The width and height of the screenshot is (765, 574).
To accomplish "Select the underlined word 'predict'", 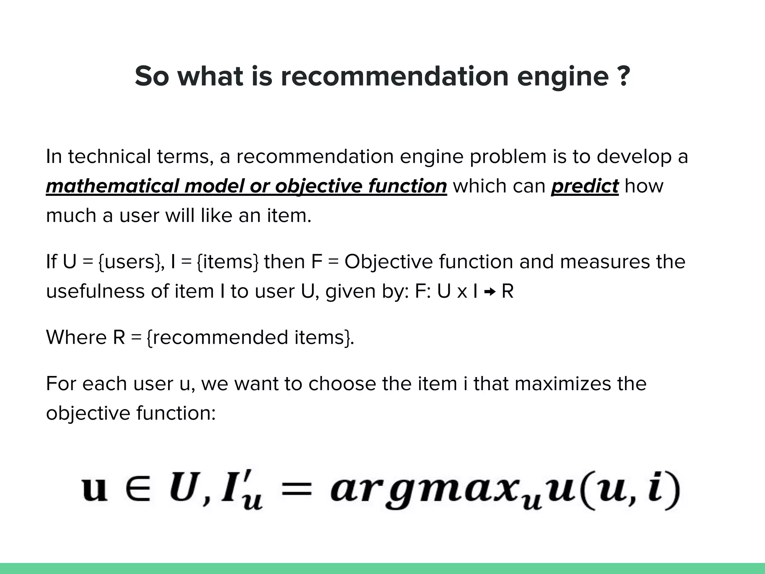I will tap(585, 186).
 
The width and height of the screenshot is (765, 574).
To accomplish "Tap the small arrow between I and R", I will tap(489, 292).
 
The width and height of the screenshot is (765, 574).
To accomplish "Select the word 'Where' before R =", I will tap(76, 337).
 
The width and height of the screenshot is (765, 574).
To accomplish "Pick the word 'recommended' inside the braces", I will tap(220, 337).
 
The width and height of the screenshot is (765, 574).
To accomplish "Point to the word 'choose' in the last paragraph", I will tap(342, 384).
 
